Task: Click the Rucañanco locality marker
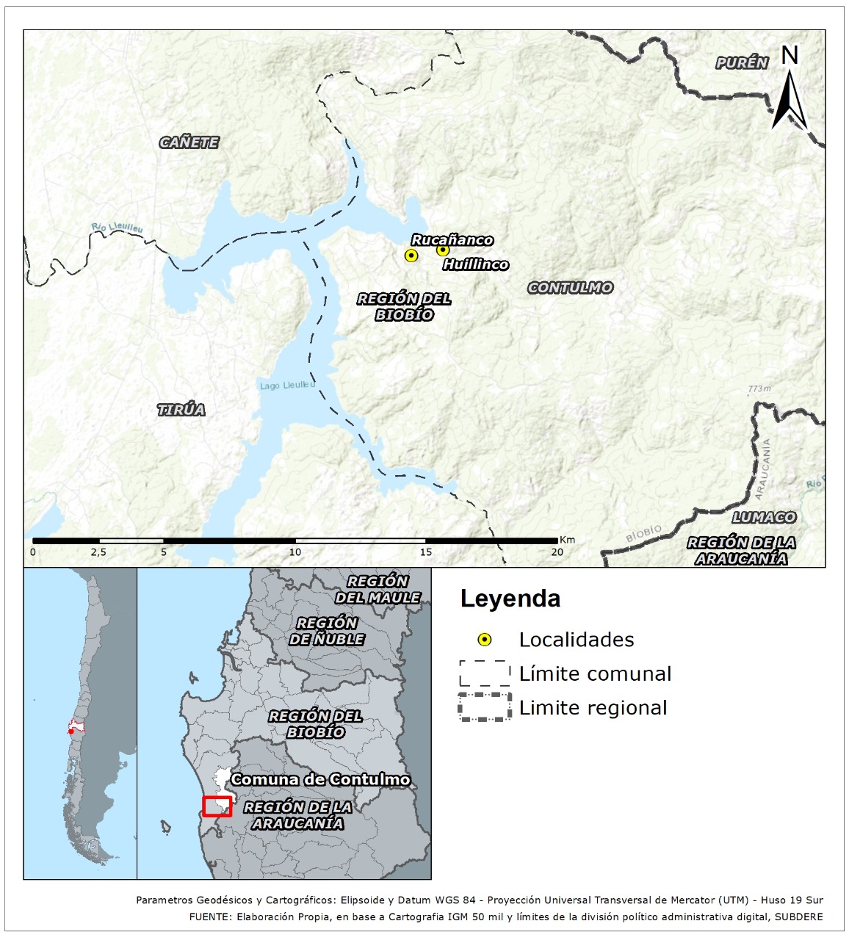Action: [411, 255]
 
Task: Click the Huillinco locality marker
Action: [443, 250]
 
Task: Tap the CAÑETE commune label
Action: [189, 142]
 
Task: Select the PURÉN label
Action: [742, 63]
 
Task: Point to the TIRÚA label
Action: [181, 410]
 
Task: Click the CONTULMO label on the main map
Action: [570, 288]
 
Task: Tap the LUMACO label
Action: [764, 517]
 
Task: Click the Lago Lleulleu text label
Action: [287, 385]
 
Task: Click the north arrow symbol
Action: [790, 88]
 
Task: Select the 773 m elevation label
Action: [759, 388]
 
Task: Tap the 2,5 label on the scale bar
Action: [99, 552]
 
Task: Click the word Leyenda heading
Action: [510, 599]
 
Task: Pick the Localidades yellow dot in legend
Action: [485, 640]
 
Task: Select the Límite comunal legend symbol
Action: [485, 673]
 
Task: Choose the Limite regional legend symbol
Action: [485, 707]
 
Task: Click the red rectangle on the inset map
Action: [217, 806]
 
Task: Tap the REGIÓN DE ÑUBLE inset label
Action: [326, 631]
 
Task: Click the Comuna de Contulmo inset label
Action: [320, 779]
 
